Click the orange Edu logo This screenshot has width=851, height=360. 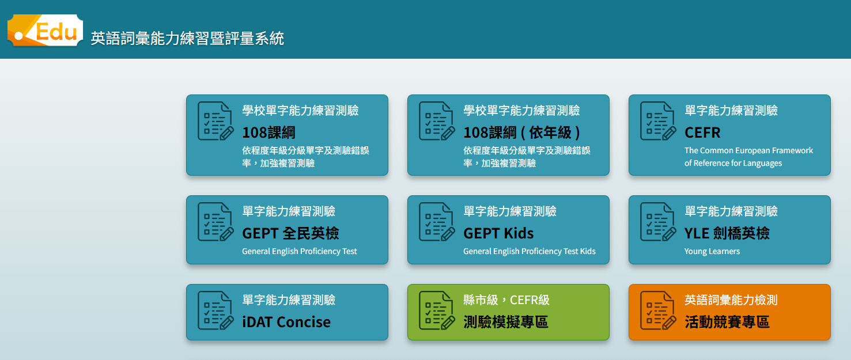click(x=45, y=31)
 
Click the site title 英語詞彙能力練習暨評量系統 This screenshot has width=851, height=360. click(x=187, y=39)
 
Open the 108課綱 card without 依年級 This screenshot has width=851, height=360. click(x=268, y=132)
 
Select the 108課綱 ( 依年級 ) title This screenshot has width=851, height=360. click(x=521, y=132)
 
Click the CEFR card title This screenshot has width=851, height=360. click(x=702, y=132)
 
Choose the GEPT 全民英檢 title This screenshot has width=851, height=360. click(x=290, y=233)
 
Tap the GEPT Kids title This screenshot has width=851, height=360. click(x=498, y=233)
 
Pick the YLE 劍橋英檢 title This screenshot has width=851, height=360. click(x=727, y=233)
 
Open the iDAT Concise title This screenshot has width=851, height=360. click(x=286, y=322)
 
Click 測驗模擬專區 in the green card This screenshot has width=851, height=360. click(x=506, y=322)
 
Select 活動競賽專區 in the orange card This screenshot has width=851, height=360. click(x=727, y=322)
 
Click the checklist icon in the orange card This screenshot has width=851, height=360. click(x=658, y=310)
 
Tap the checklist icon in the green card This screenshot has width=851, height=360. click(x=437, y=310)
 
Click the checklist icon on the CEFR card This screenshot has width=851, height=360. click(x=658, y=121)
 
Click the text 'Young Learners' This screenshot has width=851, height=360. click(x=712, y=251)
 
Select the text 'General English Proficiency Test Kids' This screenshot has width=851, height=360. click(x=529, y=251)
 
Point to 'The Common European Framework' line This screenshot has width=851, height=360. click(x=748, y=150)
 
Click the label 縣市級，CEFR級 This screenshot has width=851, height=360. click(x=506, y=300)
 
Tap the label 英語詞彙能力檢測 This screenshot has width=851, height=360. click(x=731, y=300)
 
